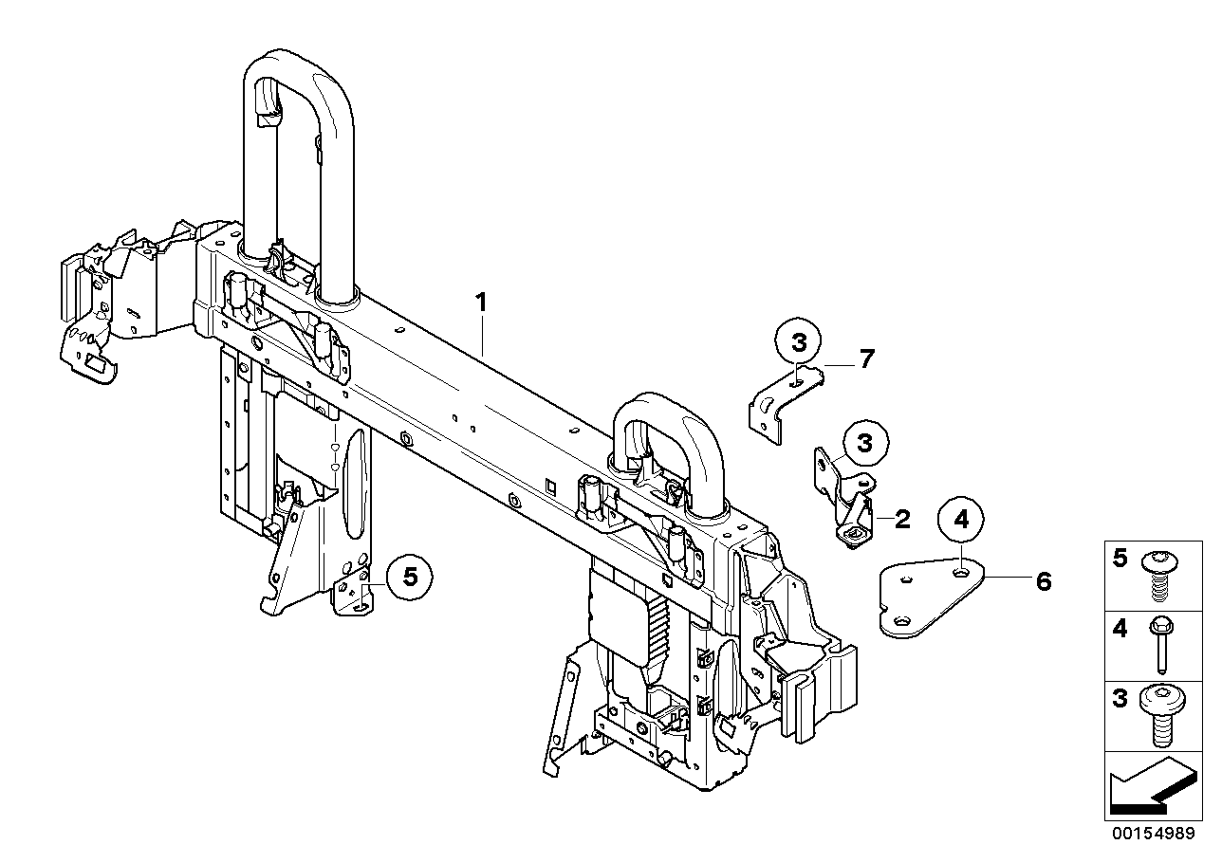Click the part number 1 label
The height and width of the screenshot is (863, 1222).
coord(481,303)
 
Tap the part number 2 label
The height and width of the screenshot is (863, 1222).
coord(902,518)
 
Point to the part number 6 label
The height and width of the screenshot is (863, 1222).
coord(1044,581)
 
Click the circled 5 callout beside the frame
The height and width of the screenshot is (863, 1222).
coord(410,576)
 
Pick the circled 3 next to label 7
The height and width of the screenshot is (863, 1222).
coord(798,341)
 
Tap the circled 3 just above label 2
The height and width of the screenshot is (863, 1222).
coord(863,443)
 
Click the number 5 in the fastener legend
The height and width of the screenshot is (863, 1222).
coord(1120,559)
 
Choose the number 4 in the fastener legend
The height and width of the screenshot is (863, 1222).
coord(1120,628)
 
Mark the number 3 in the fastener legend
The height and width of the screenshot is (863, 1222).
coord(1120,700)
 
